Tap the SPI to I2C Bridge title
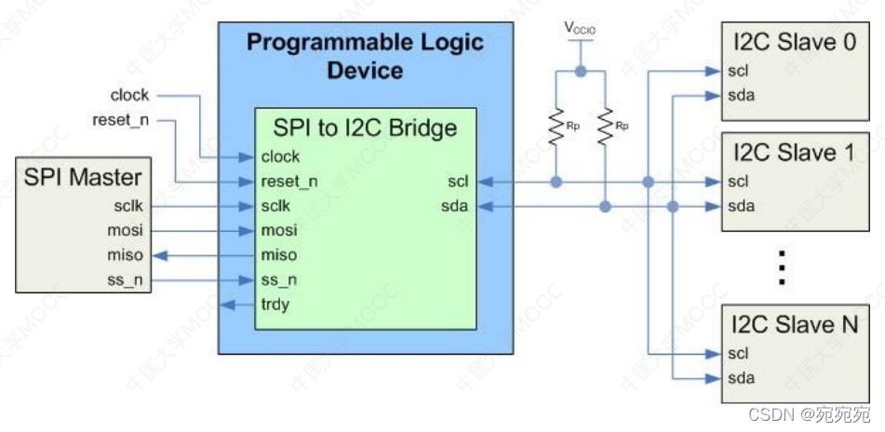pyautogui.click(x=365, y=128)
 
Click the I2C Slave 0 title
pyautogui.click(x=793, y=42)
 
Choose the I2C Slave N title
pyautogui.click(x=793, y=325)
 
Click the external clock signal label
pyautogui.click(x=129, y=95)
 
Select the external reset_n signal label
pyautogui.click(x=121, y=119)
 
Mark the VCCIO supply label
pyautogui.click(x=580, y=29)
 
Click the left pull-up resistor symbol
pyautogui.click(x=556, y=127)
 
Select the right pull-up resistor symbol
pyautogui.click(x=605, y=127)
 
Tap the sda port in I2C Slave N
pyautogui.click(x=741, y=378)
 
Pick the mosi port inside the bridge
pyautogui.click(x=280, y=230)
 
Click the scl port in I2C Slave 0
pyautogui.click(x=739, y=71)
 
